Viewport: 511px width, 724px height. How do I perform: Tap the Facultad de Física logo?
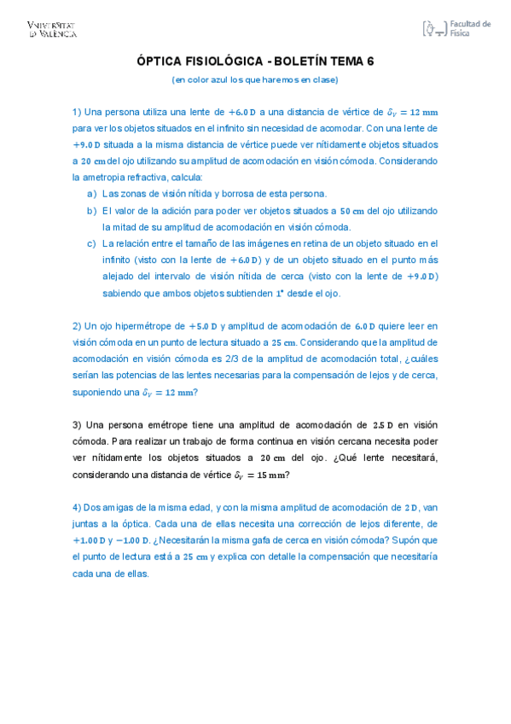(x=456, y=29)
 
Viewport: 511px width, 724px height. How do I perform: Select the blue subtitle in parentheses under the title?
(x=255, y=79)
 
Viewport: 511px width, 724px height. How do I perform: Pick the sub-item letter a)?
(x=92, y=194)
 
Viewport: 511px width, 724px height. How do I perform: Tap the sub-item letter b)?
(x=92, y=210)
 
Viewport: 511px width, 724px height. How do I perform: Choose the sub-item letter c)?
(x=92, y=243)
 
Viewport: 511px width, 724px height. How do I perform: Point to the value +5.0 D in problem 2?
(x=203, y=325)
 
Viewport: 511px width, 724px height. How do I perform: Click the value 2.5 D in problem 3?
(x=383, y=424)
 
